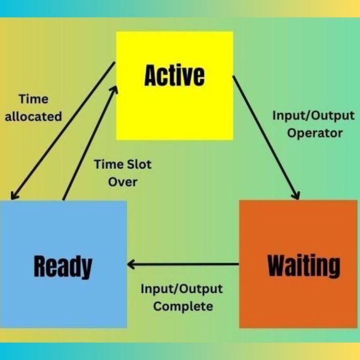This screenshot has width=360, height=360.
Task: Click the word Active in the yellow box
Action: point(174,76)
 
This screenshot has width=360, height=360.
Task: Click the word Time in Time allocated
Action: point(33,99)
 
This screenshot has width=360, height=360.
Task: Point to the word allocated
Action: point(33,116)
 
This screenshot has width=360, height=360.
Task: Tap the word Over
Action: point(123,181)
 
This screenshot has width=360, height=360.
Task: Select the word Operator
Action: point(315,133)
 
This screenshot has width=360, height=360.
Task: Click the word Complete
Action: point(183,307)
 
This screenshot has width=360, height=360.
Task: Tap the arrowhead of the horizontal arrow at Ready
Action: point(132,265)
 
